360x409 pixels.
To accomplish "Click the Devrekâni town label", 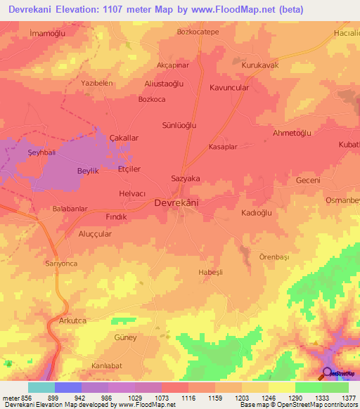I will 176,203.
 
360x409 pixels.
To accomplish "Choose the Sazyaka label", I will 186,178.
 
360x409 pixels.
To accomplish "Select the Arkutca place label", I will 72,320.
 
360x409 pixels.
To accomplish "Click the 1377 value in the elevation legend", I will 348,398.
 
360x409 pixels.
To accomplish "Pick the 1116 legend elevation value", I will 188,398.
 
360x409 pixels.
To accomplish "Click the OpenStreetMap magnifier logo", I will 326,373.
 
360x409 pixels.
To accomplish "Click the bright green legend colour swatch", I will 308,387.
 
